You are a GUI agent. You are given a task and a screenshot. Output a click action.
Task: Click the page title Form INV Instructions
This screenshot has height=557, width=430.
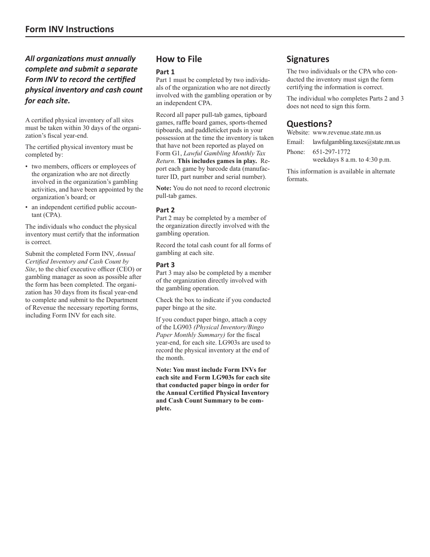pos(69,29)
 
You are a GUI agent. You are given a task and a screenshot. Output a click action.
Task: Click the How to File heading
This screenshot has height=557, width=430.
pos(179,59)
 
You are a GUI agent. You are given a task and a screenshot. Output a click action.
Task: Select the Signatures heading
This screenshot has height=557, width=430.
pos(308,59)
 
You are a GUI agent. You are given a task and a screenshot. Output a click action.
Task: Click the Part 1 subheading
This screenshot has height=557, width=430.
pos(165,72)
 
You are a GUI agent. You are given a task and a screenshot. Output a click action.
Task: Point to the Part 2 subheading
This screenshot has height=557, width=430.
pos(165,210)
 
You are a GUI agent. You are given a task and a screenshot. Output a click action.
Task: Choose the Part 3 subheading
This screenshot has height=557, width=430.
pos(165,265)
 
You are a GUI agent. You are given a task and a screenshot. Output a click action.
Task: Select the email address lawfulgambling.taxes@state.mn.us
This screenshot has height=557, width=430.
pos(356,142)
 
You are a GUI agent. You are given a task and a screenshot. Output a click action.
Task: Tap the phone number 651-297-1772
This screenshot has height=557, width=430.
pos(331,152)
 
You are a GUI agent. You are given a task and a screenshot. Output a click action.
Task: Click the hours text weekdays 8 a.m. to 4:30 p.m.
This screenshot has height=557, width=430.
pos(352,160)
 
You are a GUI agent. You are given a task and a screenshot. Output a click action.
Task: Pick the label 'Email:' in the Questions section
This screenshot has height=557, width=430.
pos(295,142)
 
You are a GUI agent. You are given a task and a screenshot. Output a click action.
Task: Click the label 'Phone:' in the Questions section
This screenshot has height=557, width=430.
pos(296,152)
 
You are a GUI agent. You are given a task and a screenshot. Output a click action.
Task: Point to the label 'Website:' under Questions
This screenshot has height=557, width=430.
pos(298,133)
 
